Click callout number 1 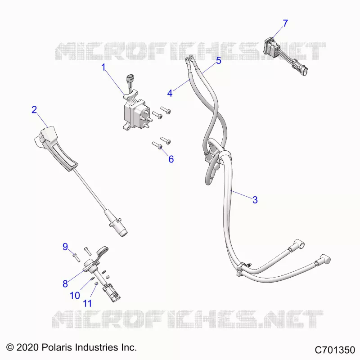103,67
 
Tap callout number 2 34,109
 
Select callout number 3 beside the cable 255,200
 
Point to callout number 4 170,93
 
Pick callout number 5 219,61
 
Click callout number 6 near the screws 171,159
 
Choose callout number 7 285,23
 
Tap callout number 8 65,284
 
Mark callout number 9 65,247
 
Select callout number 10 75,296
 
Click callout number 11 87,303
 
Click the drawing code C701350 335,350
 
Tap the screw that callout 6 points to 157,145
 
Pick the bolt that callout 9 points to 76,257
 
